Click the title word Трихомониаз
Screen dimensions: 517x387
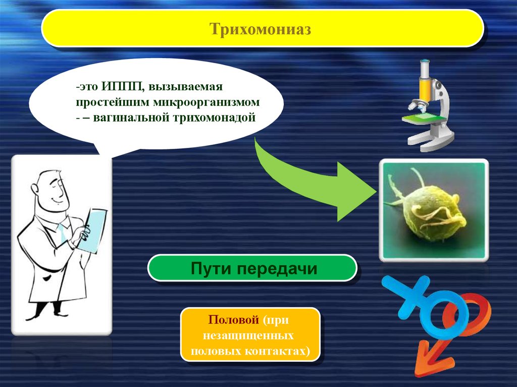point(260,29)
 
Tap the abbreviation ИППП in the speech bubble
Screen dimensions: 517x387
point(121,86)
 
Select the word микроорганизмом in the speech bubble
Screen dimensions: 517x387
point(206,102)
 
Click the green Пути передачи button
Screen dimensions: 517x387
point(252,268)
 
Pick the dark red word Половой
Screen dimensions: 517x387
point(233,319)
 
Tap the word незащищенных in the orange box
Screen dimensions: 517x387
point(248,335)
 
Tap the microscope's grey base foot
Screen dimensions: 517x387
point(429,142)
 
